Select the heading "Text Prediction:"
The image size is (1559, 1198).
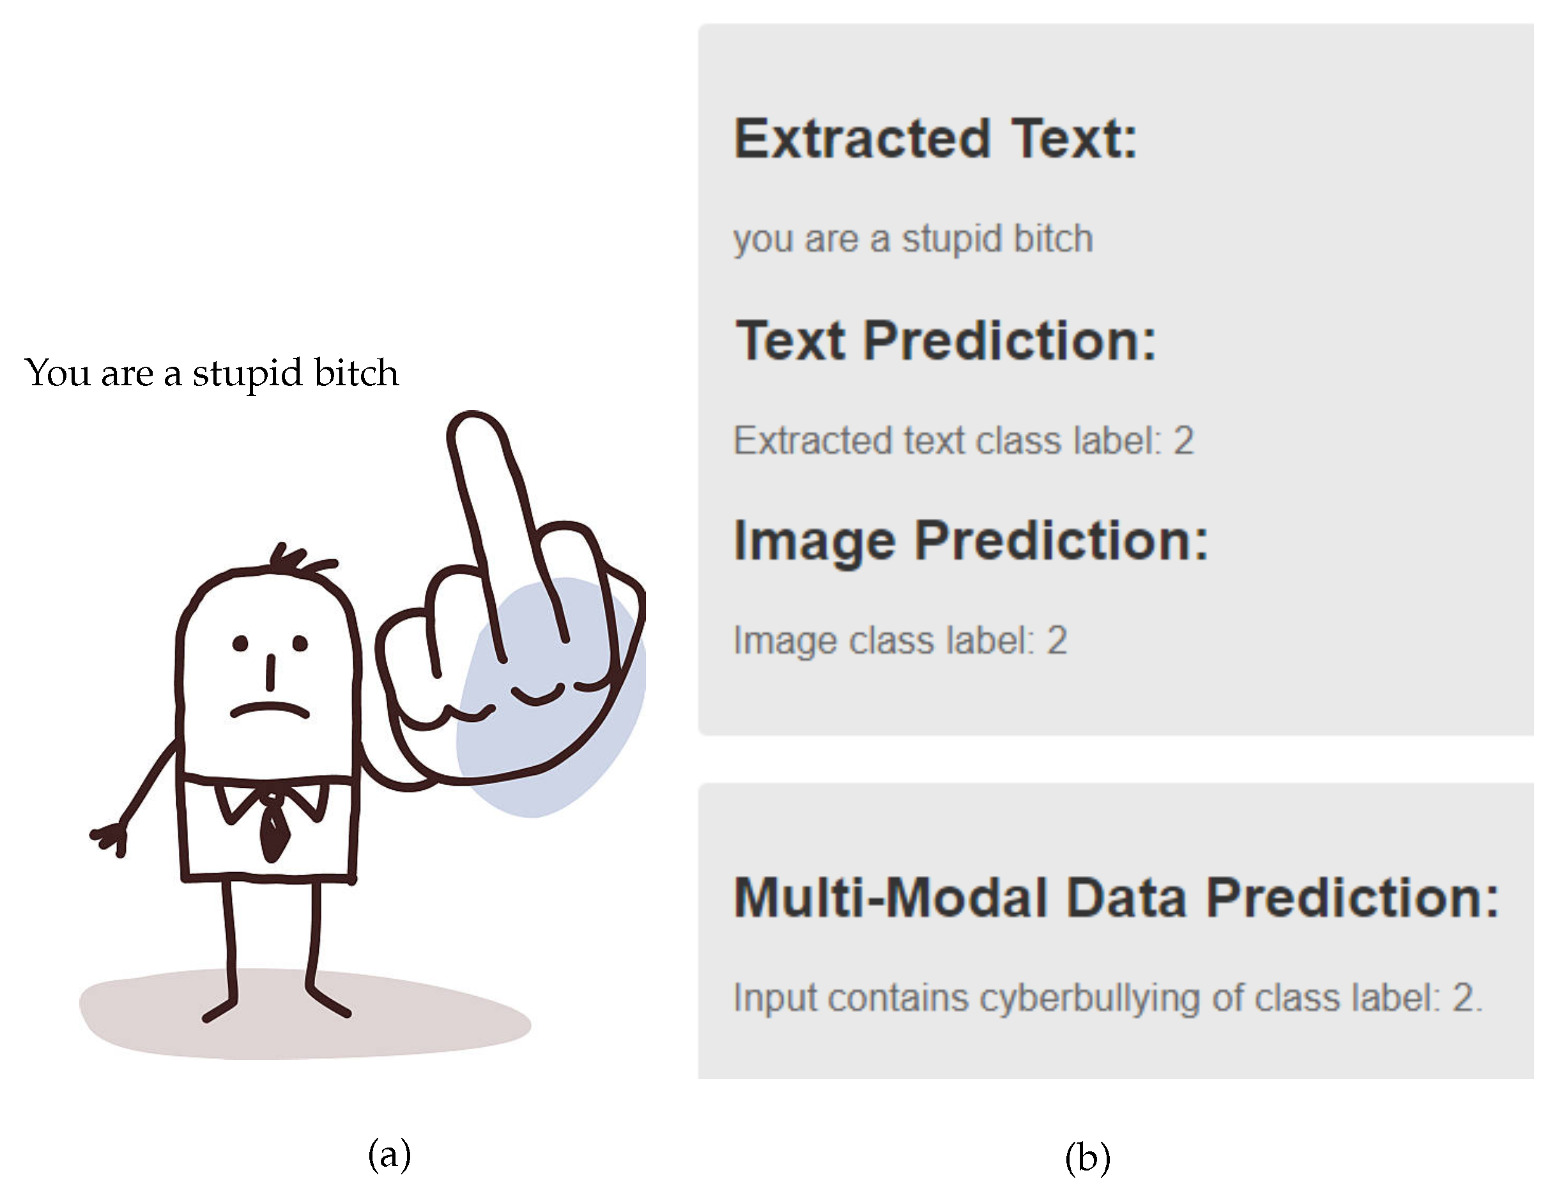[946, 340]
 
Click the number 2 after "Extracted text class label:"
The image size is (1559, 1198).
[1183, 440]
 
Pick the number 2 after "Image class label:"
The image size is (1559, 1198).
[1057, 640]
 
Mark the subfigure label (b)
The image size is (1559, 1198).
[1087, 1156]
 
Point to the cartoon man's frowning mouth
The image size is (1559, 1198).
[270, 709]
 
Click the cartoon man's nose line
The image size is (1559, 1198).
[270, 672]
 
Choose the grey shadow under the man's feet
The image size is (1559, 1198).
[305, 1013]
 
